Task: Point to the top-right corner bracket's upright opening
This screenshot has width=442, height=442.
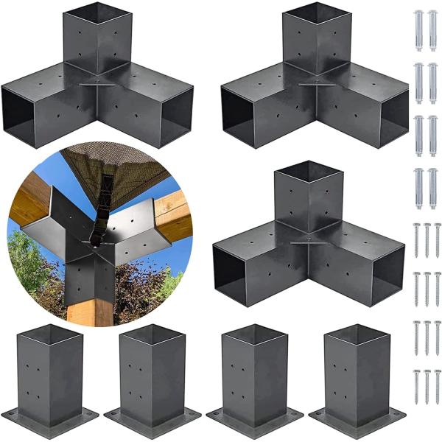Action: click(315, 16)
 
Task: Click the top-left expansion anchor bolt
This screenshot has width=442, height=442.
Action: click(418, 30)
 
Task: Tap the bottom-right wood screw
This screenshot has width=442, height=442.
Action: click(438, 387)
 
